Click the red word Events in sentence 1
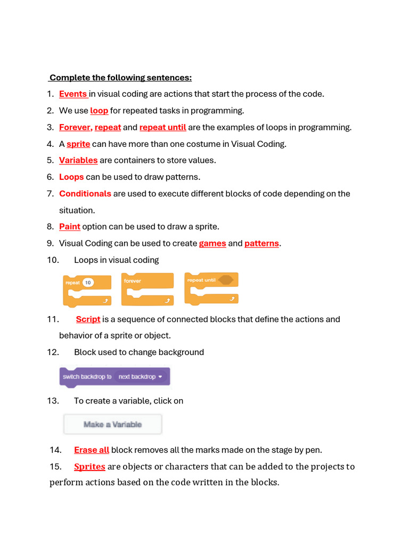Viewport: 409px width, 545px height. point(73,94)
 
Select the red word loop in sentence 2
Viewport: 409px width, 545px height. point(99,111)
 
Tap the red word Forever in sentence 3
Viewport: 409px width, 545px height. point(75,127)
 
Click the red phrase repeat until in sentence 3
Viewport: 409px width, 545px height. point(162,127)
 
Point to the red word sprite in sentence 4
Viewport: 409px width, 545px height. point(78,144)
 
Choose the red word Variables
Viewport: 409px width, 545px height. point(78,160)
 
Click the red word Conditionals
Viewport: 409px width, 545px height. point(85,194)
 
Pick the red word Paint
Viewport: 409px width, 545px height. point(70,227)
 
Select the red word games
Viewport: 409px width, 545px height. point(212,243)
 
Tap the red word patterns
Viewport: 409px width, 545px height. point(261,243)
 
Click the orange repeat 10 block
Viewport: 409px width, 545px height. point(87,291)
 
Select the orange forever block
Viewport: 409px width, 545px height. point(148,290)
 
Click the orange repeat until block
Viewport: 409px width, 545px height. point(211,288)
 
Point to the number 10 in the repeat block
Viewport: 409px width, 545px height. point(88,283)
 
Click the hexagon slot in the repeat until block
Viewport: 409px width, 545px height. point(226,280)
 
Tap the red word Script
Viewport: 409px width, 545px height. point(88,319)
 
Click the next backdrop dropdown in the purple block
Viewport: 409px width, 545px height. point(141,377)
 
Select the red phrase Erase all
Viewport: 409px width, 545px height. point(92,450)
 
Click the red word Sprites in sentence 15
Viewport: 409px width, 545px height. point(89,467)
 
